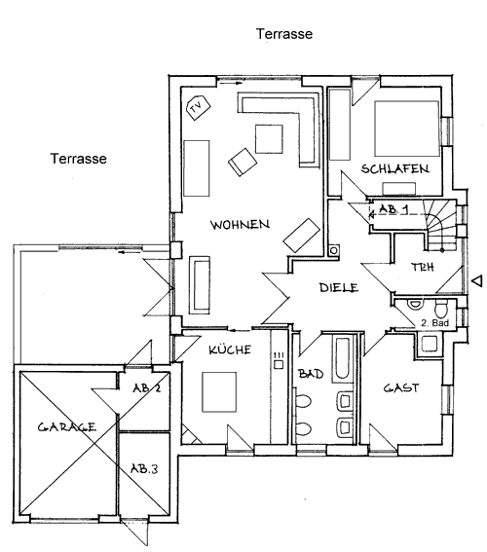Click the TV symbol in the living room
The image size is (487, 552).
coord(198,107)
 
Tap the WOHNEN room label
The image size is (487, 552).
coord(241,225)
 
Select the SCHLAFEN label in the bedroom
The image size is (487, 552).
coord(395,169)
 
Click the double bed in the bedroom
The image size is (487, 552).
coord(407,129)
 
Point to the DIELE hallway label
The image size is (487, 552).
coord(339,287)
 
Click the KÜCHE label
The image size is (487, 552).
coord(230,350)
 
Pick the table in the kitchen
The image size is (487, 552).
coord(219,391)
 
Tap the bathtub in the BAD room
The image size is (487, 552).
coord(343,360)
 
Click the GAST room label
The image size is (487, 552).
coord(401,387)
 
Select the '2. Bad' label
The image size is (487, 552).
coord(434,322)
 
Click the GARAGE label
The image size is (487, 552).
coord(66,427)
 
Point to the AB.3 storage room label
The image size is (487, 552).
coord(144,469)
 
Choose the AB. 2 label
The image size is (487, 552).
coord(146,387)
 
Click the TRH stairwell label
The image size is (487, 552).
coord(423,268)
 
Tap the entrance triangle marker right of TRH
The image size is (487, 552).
coord(477,281)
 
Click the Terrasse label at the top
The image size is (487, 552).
coord(284,34)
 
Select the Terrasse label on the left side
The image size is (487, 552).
coord(79,159)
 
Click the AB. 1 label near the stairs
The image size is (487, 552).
coord(393,209)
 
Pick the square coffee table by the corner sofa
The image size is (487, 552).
coord(269,139)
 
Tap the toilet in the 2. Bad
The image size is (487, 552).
coord(440,309)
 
